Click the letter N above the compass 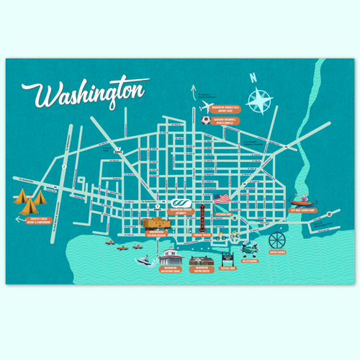click(x=253, y=78)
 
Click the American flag click(x=221, y=197)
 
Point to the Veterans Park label click(x=223, y=214)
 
